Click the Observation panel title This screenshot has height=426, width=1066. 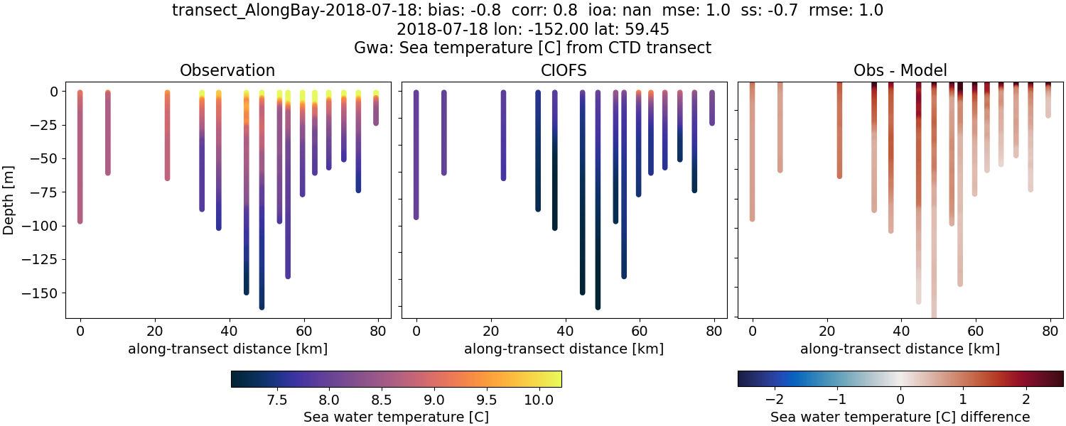pos(227,70)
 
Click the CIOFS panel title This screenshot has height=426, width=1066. pos(564,70)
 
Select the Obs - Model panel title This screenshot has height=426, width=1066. pos(900,70)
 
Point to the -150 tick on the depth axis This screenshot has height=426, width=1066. pos(41,293)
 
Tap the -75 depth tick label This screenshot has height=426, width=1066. pos(44,192)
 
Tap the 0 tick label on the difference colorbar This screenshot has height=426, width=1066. pos(900,395)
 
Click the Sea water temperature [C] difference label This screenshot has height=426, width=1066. pos(900,417)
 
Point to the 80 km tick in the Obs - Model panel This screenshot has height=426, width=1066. pos(1050,330)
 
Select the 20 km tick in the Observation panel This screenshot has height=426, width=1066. pos(154,330)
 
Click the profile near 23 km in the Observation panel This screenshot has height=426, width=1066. pos(167,135)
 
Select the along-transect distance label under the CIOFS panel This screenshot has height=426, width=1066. pos(564,349)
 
